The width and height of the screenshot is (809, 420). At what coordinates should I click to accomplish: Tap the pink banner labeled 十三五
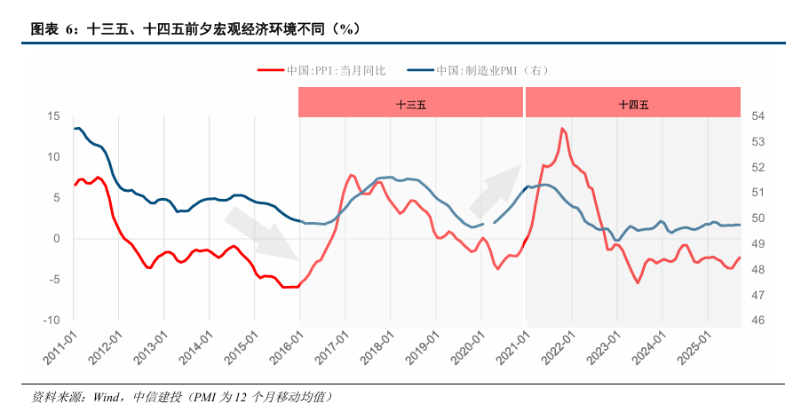pyautogui.click(x=411, y=103)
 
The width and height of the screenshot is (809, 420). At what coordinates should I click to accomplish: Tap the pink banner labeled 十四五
pyautogui.click(x=633, y=103)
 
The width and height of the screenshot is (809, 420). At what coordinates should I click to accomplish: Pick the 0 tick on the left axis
pyautogui.click(x=57, y=239)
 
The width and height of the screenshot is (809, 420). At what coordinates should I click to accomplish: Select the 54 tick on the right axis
pyautogui.click(x=758, y=116)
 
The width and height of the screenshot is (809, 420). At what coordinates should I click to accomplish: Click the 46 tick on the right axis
pyautogui.click(x=758, y=321)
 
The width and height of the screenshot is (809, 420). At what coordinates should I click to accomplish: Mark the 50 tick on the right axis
pyautogui.click(x=758, y=218)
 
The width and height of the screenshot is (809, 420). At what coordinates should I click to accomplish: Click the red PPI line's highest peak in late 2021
pyautogui.click(x=562, y=129)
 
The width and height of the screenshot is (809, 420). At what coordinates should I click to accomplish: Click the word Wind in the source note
pyautogui.click(x=104, y=396)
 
